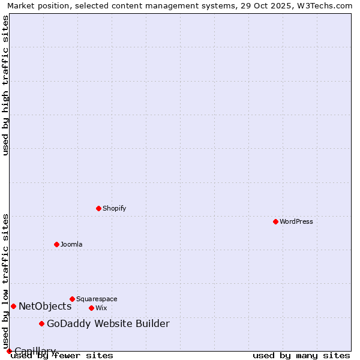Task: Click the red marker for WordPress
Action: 275,221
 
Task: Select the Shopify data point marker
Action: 98,208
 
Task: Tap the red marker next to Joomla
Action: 56,244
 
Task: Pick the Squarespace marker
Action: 72,299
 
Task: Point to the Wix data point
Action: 91,308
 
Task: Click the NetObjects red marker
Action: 13,306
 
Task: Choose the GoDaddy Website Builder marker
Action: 41,324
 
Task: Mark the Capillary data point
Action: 9,351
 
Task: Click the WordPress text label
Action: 296,221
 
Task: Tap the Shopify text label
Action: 114,208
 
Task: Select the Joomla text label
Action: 71,244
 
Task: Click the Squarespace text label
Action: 97,299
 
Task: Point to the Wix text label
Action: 101,308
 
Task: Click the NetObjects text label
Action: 45,306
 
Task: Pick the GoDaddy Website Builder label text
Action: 108,324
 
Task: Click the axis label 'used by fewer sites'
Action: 62,356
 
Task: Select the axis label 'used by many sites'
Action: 301,356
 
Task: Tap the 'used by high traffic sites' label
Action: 5,85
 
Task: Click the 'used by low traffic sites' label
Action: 5,281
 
